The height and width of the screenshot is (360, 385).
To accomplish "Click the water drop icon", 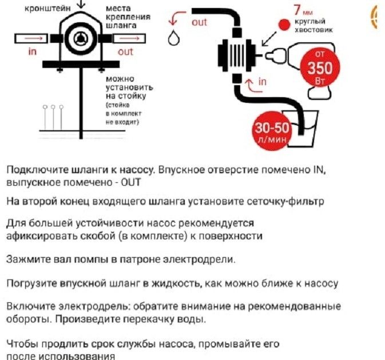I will pyautogui.click(x=173, y=39).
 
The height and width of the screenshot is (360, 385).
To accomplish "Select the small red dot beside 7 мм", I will pyautogui.click(x=282, y=25).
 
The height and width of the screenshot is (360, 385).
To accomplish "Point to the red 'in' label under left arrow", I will pyautogui.click(x=32, y=51).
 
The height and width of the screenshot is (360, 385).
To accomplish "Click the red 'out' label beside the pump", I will pyautogui.click(x=125, y=51).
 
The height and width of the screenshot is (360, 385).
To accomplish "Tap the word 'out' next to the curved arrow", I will pyautogui.click(x=199, y=22).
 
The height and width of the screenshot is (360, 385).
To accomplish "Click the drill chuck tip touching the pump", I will pyautogui.click(x=272, y=55).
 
